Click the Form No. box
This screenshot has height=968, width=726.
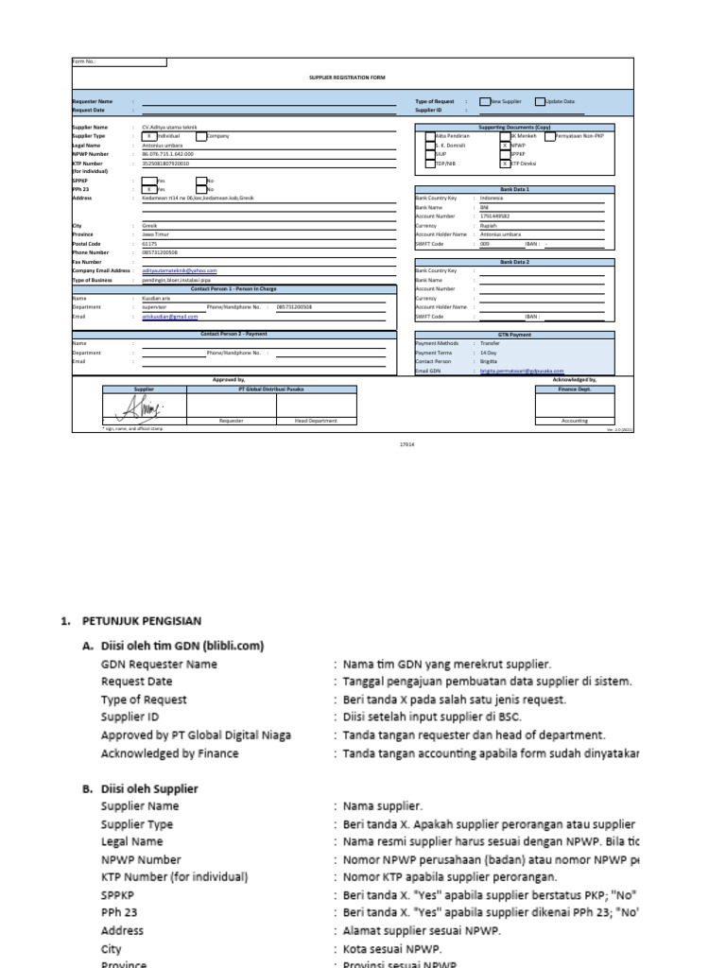[x=131, y=62]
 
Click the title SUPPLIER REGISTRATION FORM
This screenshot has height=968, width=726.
[x=347, y=78]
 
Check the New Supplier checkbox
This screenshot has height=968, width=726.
[x=485, y=100]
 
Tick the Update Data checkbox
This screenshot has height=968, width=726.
[x=540, y=100]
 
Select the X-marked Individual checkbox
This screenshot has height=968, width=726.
[x=147, y=136]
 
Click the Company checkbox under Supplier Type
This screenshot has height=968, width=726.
[x=201, y=136]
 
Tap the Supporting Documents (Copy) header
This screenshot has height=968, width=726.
[x=515, y=126]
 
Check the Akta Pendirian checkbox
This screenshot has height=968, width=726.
[x=430, y=136]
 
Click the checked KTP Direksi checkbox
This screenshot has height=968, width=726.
[x=505, y=164]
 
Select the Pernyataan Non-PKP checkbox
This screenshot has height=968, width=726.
[x=549, y=136]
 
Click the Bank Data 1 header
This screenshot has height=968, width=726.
[x=515, y=189]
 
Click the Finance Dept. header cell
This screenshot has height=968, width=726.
[x=574, y=389]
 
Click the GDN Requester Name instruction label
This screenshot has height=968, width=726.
[x=159, y=664]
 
